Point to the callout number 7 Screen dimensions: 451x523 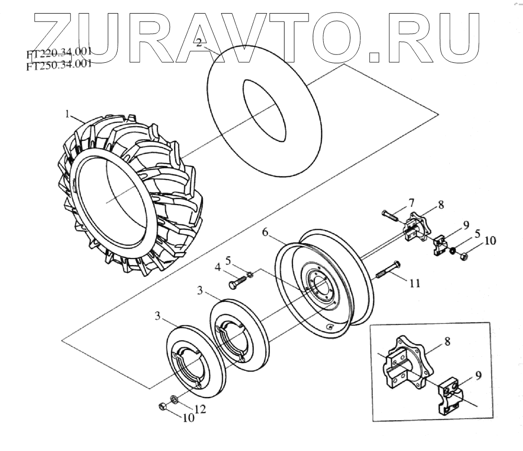(411, 202)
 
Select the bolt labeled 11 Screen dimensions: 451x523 (388, 269)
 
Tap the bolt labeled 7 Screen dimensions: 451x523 (391, 214)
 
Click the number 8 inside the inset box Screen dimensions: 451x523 (447, 342)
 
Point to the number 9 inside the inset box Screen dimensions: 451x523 (480, 375)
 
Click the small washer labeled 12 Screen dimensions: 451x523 (175, 399)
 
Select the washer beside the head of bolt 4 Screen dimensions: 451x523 (250, 274)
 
